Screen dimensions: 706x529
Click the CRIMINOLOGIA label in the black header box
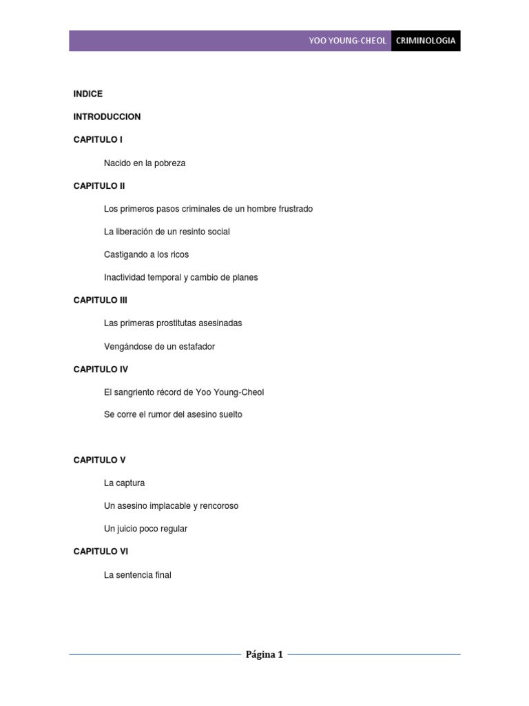tap(426, 41)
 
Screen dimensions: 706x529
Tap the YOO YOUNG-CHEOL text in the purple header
tap(348, 41)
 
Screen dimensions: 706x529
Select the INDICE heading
tap(88, 94)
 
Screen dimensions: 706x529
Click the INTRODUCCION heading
tap(107, 117)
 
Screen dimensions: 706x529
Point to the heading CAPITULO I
tap(98, 139)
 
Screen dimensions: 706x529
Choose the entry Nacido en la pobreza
tap(145, 163)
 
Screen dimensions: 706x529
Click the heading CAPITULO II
tap(99, 185)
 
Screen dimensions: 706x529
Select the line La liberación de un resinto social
tap(167, 232)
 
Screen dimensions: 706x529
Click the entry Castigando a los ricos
tap(146, 254)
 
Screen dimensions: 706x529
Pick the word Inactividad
tap(125, 277)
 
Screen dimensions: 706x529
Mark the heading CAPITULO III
tap(101, 300)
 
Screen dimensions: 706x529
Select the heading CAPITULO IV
tap(101, 369)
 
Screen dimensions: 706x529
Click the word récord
tap(177, 392)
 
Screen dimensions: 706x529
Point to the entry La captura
tap(124, 483)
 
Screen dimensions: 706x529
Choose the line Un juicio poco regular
tap(145, 529)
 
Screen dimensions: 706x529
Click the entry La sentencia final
tap(137, 574)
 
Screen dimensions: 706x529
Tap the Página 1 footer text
tap(264, 655)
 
